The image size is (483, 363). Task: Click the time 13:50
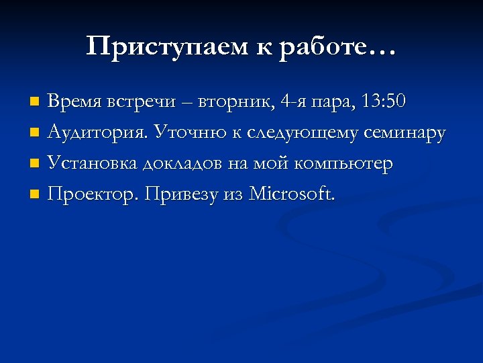pos(383,102)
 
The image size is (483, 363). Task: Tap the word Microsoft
pos(292,194)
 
